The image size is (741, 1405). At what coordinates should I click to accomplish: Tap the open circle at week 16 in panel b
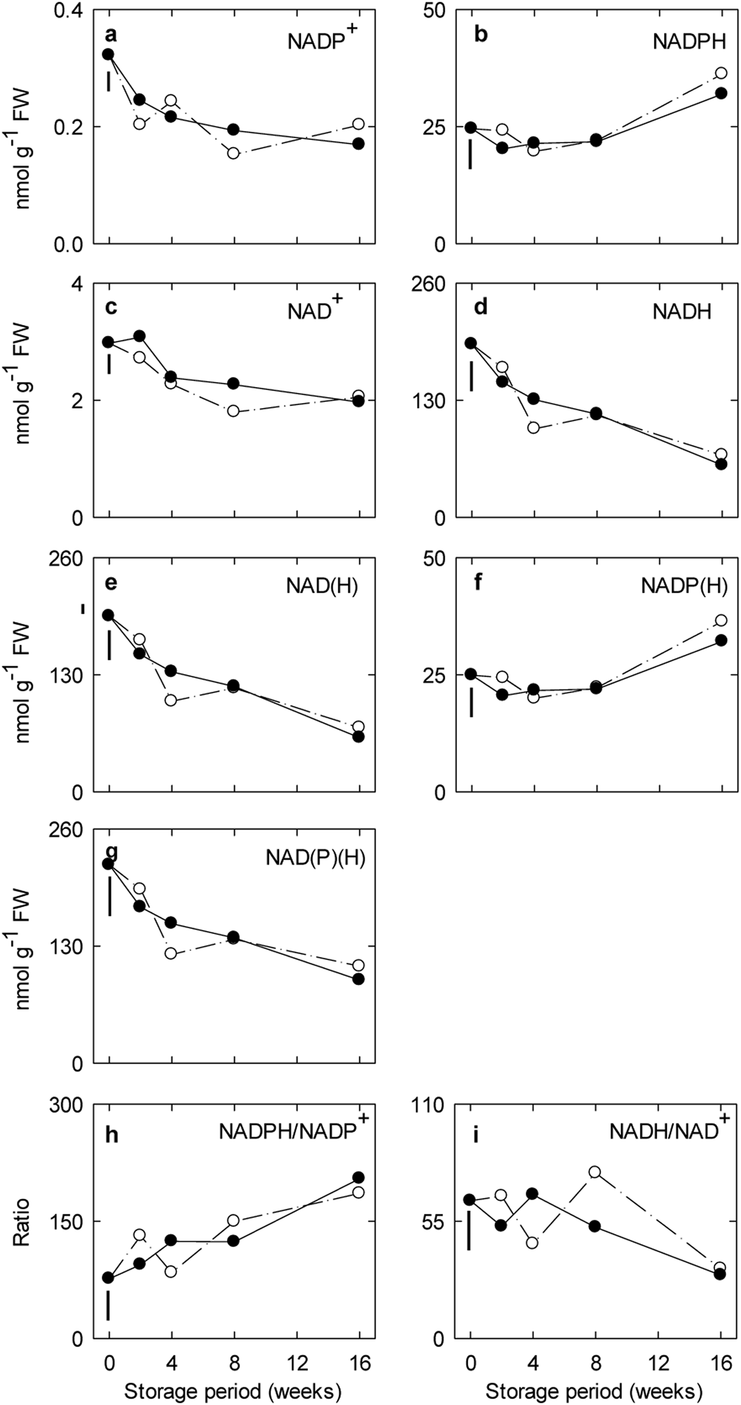tap(721, 73)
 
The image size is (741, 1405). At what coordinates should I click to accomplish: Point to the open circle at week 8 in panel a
tap(233, 153)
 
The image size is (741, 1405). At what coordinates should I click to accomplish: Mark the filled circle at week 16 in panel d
tap(721, 464)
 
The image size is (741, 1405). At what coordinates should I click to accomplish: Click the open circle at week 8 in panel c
tap(233, 411)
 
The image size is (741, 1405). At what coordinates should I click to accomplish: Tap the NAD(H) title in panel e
tap(322, 586)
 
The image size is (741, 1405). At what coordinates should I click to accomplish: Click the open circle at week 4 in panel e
tap(171, 700)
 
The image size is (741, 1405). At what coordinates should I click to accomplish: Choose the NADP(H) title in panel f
tap(684, 586)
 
